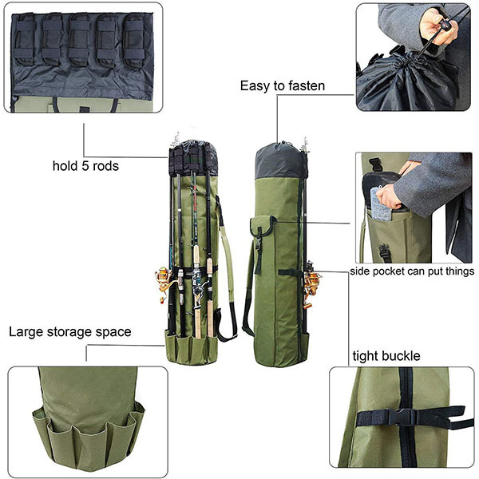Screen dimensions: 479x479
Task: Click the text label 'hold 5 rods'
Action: pos(86,167)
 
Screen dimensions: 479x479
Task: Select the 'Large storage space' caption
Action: pos(70,331)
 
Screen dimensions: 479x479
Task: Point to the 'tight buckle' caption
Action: pos(386,355)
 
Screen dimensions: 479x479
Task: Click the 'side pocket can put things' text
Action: pos(412,271)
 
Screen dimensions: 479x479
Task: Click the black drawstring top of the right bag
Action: pos(280,160)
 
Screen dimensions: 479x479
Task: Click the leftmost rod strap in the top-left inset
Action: pos(25,40)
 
